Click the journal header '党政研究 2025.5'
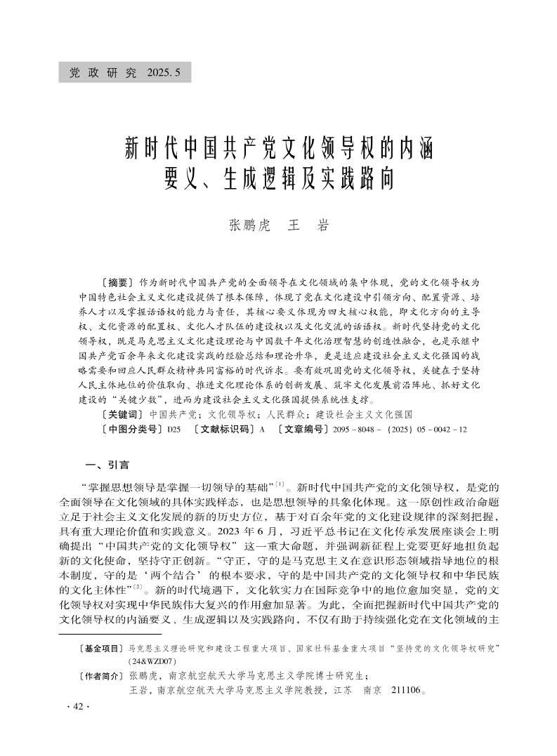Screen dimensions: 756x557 pos(124,72)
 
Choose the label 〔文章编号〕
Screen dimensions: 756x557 pos(302,428)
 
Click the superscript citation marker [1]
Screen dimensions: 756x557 pos(279,484)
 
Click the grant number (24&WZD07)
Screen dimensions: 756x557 pos(151,661)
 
